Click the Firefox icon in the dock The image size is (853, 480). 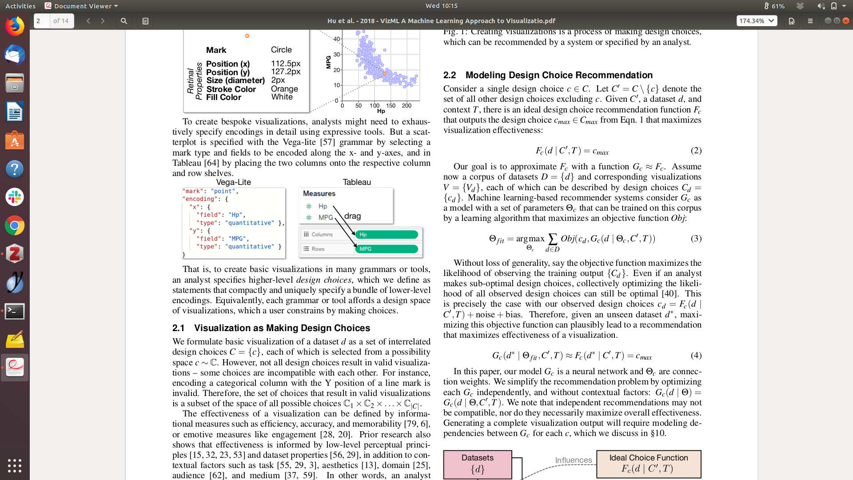point(15,26)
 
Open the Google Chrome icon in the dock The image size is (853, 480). point(15,226)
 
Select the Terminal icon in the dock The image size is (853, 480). point(15,311)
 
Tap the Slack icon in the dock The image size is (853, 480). point(15,197)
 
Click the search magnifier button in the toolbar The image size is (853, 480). point(124,21)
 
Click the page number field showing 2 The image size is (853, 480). point(42,21)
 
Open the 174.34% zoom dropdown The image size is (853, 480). point(757,21)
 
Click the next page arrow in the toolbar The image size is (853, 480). point(103,21)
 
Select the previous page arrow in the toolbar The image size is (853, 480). point(88,21)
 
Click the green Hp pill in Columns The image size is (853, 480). point(386,234)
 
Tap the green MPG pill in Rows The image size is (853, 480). point(386,249)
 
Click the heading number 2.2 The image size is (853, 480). point(450,75)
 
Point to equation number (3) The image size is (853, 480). point(696,239)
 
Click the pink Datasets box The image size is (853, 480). point(478,464)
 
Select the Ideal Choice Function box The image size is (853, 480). point(649,464)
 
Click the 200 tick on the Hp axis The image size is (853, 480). point(407,106)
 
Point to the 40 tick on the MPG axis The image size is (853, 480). point(337,39)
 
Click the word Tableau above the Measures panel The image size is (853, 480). point(357,182)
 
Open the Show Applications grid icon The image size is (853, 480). point(15,465)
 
